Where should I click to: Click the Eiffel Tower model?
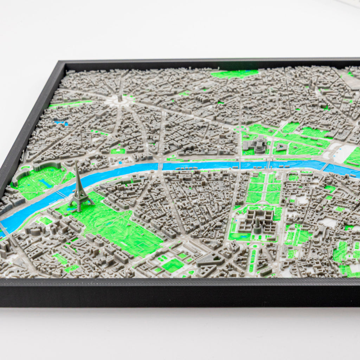click(x=80, y=192)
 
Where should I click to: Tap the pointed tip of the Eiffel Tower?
click(x=76, y=162)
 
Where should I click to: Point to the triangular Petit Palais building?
click(x=281, y=146)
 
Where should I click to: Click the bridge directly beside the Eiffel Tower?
click(x=62, y=194)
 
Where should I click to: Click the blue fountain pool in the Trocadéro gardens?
click(x=45, y=183)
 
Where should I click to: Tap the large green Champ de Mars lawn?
click(x=116, y=225)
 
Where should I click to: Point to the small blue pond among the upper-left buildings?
click(x=60, y=123)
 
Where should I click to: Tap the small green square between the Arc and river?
click(x=118, y=151)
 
